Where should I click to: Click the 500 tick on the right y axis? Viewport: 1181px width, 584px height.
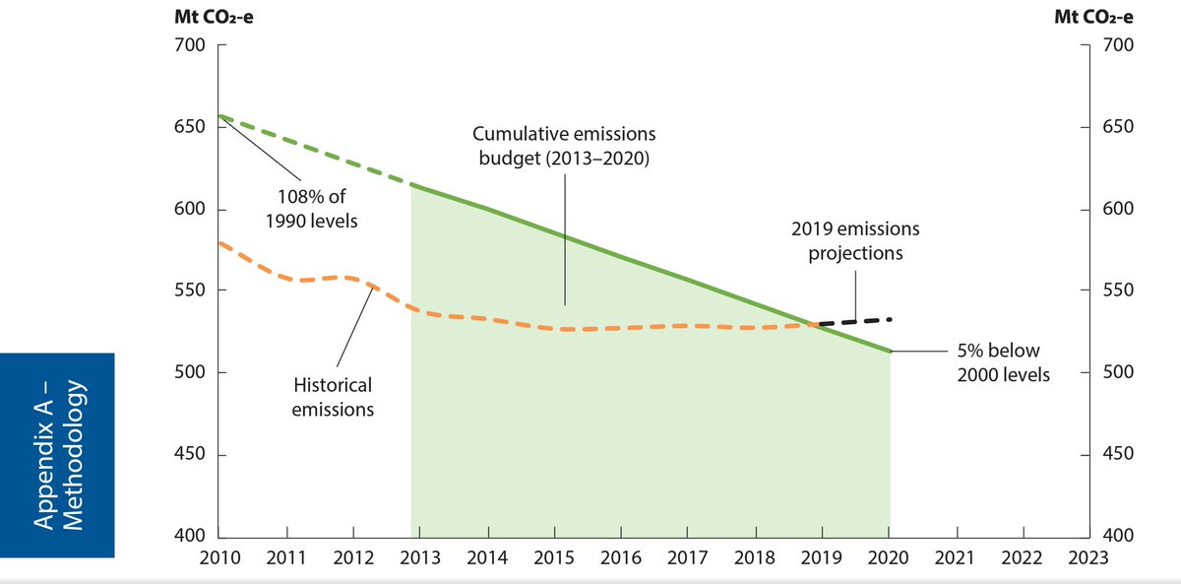tap(1119, 372)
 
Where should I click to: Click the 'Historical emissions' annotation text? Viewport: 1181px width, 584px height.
tap(333, 396)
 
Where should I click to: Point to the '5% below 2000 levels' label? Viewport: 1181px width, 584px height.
tap(1003, 362)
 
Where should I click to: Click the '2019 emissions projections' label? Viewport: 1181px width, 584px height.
tap(855, 240)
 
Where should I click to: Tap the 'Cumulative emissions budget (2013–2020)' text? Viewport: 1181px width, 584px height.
tap(564, 146)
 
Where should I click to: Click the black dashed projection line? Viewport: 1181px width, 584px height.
tap(856, 321)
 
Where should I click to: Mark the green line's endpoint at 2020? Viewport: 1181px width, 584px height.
tap(891, 351)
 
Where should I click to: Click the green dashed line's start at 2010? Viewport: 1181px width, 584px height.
tap(218, 116)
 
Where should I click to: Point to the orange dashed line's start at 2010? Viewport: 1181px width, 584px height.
tap(218, 242)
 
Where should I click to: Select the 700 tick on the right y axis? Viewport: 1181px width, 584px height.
tap(1119, 45)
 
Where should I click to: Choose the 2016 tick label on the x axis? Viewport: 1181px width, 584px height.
tap(620, 558)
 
